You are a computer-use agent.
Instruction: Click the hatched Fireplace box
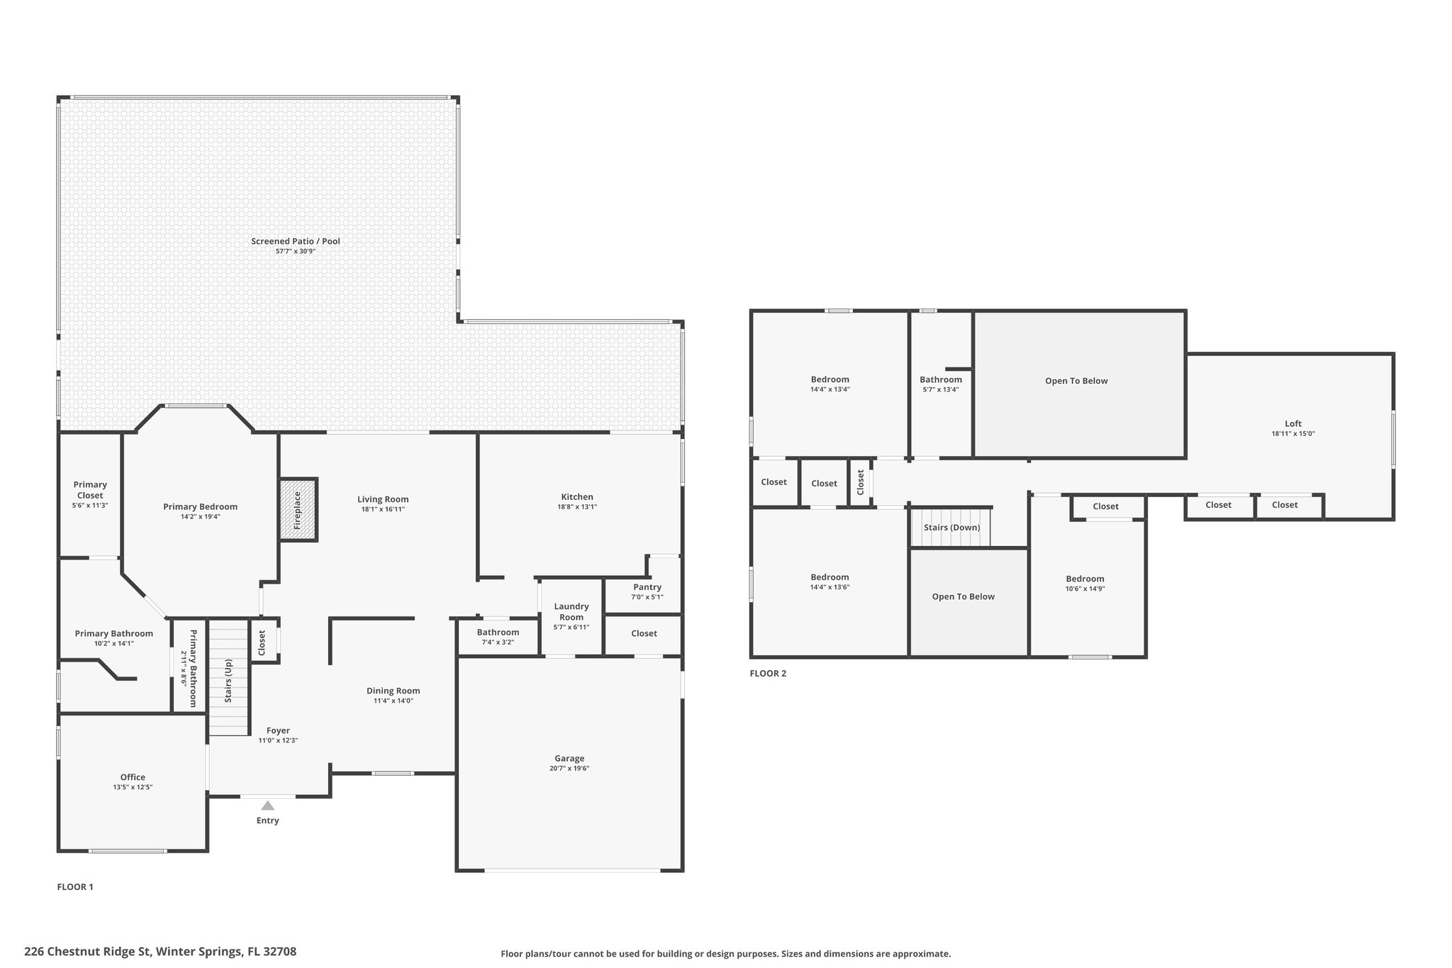pos(298,510)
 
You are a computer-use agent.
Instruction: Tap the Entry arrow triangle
pos(267,806)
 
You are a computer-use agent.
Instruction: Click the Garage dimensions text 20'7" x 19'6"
pos(569,768)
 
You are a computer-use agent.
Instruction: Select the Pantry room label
pos(647,586)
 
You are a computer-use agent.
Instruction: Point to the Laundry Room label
pos(571,611)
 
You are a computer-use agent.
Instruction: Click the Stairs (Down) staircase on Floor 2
pos(951,528)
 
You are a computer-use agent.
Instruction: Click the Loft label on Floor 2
pos(1292,423)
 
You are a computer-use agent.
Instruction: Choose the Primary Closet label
pos(90,490)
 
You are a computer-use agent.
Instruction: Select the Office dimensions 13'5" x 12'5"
pos(133,787)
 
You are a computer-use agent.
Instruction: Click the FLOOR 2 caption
pos(768,673)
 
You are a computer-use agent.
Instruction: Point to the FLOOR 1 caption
pos(75,886)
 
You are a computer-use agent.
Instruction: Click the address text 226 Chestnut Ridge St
pos(160,951)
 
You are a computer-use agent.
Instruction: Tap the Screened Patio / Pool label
pos(296,241)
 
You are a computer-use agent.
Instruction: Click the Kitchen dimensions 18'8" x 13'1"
pos(577,506)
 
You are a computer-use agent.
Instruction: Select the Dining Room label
pos(393,690)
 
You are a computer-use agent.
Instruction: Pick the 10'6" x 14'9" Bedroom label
pos(1085,579)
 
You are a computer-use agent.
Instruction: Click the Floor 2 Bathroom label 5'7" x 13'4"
pos(941,379)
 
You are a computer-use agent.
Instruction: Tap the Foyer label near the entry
pos(278,730)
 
